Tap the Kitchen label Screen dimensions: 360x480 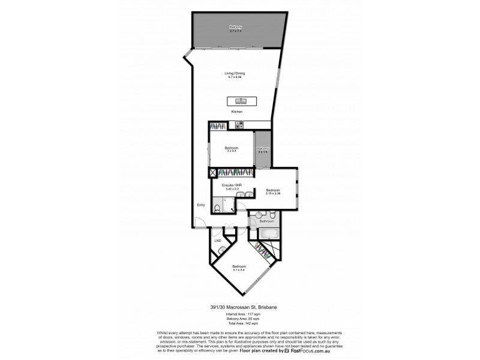point(236,112)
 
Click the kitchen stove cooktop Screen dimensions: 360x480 point(238,125)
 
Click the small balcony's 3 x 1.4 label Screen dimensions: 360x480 point(263,152)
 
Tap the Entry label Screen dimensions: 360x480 point(201,205)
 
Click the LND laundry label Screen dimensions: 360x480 point(218,241)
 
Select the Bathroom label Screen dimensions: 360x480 point(266,221)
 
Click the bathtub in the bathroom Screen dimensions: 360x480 point(268,233)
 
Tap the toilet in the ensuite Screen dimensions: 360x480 point(219,207)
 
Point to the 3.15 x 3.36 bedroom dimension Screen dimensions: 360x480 point(273,193)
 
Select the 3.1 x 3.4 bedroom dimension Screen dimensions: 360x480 point(239,269)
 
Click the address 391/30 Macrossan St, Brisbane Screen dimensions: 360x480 point(239,308)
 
